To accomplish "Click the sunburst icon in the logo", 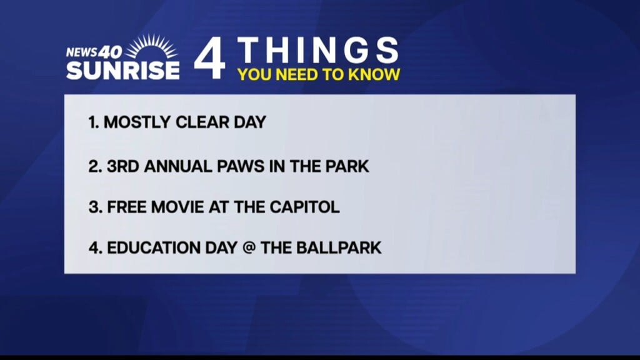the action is point(151,46).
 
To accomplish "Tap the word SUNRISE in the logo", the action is point(123,70).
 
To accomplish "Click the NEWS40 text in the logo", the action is point(94,52).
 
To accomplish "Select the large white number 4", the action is point(209,58).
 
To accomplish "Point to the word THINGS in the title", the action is point(318,50).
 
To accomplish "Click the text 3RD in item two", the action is point(123,166).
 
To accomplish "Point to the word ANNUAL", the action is point(178,166).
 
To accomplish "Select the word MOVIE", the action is point(177,207).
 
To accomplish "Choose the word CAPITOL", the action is point(304,207).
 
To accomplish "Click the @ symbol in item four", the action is point(249,247).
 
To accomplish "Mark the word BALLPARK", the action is point(339,247).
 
